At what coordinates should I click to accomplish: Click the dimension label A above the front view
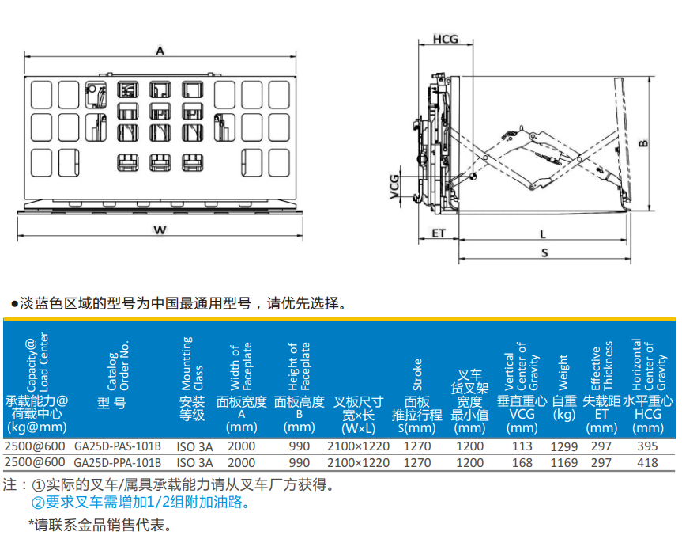click(x=160, y=51)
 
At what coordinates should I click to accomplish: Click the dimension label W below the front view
click(x=160, y=230)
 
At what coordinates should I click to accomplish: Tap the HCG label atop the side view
click(x=446, y=40)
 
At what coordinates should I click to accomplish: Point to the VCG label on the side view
click(x=394, y=187)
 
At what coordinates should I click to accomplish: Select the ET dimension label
click(x=439, y=233)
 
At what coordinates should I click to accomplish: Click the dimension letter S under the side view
click(x=544, y=252)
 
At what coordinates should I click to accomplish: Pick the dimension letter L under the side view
click(x=543, y=234)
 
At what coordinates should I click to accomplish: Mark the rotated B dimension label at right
click(x=643, y=143)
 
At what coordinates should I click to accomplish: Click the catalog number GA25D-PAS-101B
click(x=118, y=446)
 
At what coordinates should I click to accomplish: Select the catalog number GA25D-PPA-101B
click(x=118, y=463)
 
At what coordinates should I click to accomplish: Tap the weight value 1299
click(x=564, y=447)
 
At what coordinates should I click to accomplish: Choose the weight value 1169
click(x=564, y=463)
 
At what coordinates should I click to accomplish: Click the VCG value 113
click(x=522, y=446)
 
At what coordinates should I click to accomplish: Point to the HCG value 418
click(x=648, y=463)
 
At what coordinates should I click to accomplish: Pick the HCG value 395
click(x=648, y=446)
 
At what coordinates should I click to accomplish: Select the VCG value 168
click(x=522, y=463)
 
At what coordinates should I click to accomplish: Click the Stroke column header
click(x=417, y=374)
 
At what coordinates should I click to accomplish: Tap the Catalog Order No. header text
click(x=119, y=366)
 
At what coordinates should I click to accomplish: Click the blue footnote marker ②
click(x=38, y=503)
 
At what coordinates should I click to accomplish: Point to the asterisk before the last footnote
click(x=32, y=522)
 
